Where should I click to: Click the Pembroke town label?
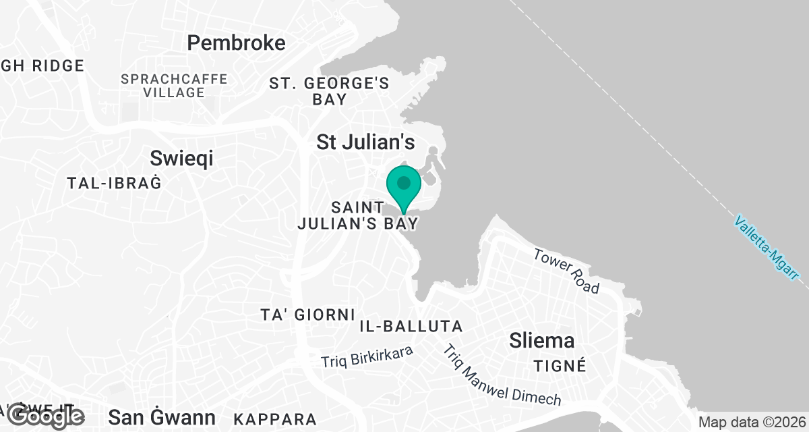coord(236,43)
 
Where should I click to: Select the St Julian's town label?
coord(365,142)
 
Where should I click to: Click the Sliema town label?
coord(542,340)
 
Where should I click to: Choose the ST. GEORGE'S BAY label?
coord(330,91)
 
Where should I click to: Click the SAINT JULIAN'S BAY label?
coord(358,215)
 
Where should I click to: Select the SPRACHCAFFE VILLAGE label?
coord(174,86)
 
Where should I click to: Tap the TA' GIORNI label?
coord(307,315)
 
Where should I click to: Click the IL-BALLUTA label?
coord(411,327)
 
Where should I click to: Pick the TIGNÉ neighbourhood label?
coord(560,366)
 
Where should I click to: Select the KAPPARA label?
coord(274,418)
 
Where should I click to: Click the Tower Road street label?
coord(566,271)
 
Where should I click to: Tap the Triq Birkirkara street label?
coord(366,356)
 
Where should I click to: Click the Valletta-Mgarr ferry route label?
coord(767,248)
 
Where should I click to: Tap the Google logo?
coord(46,416)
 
